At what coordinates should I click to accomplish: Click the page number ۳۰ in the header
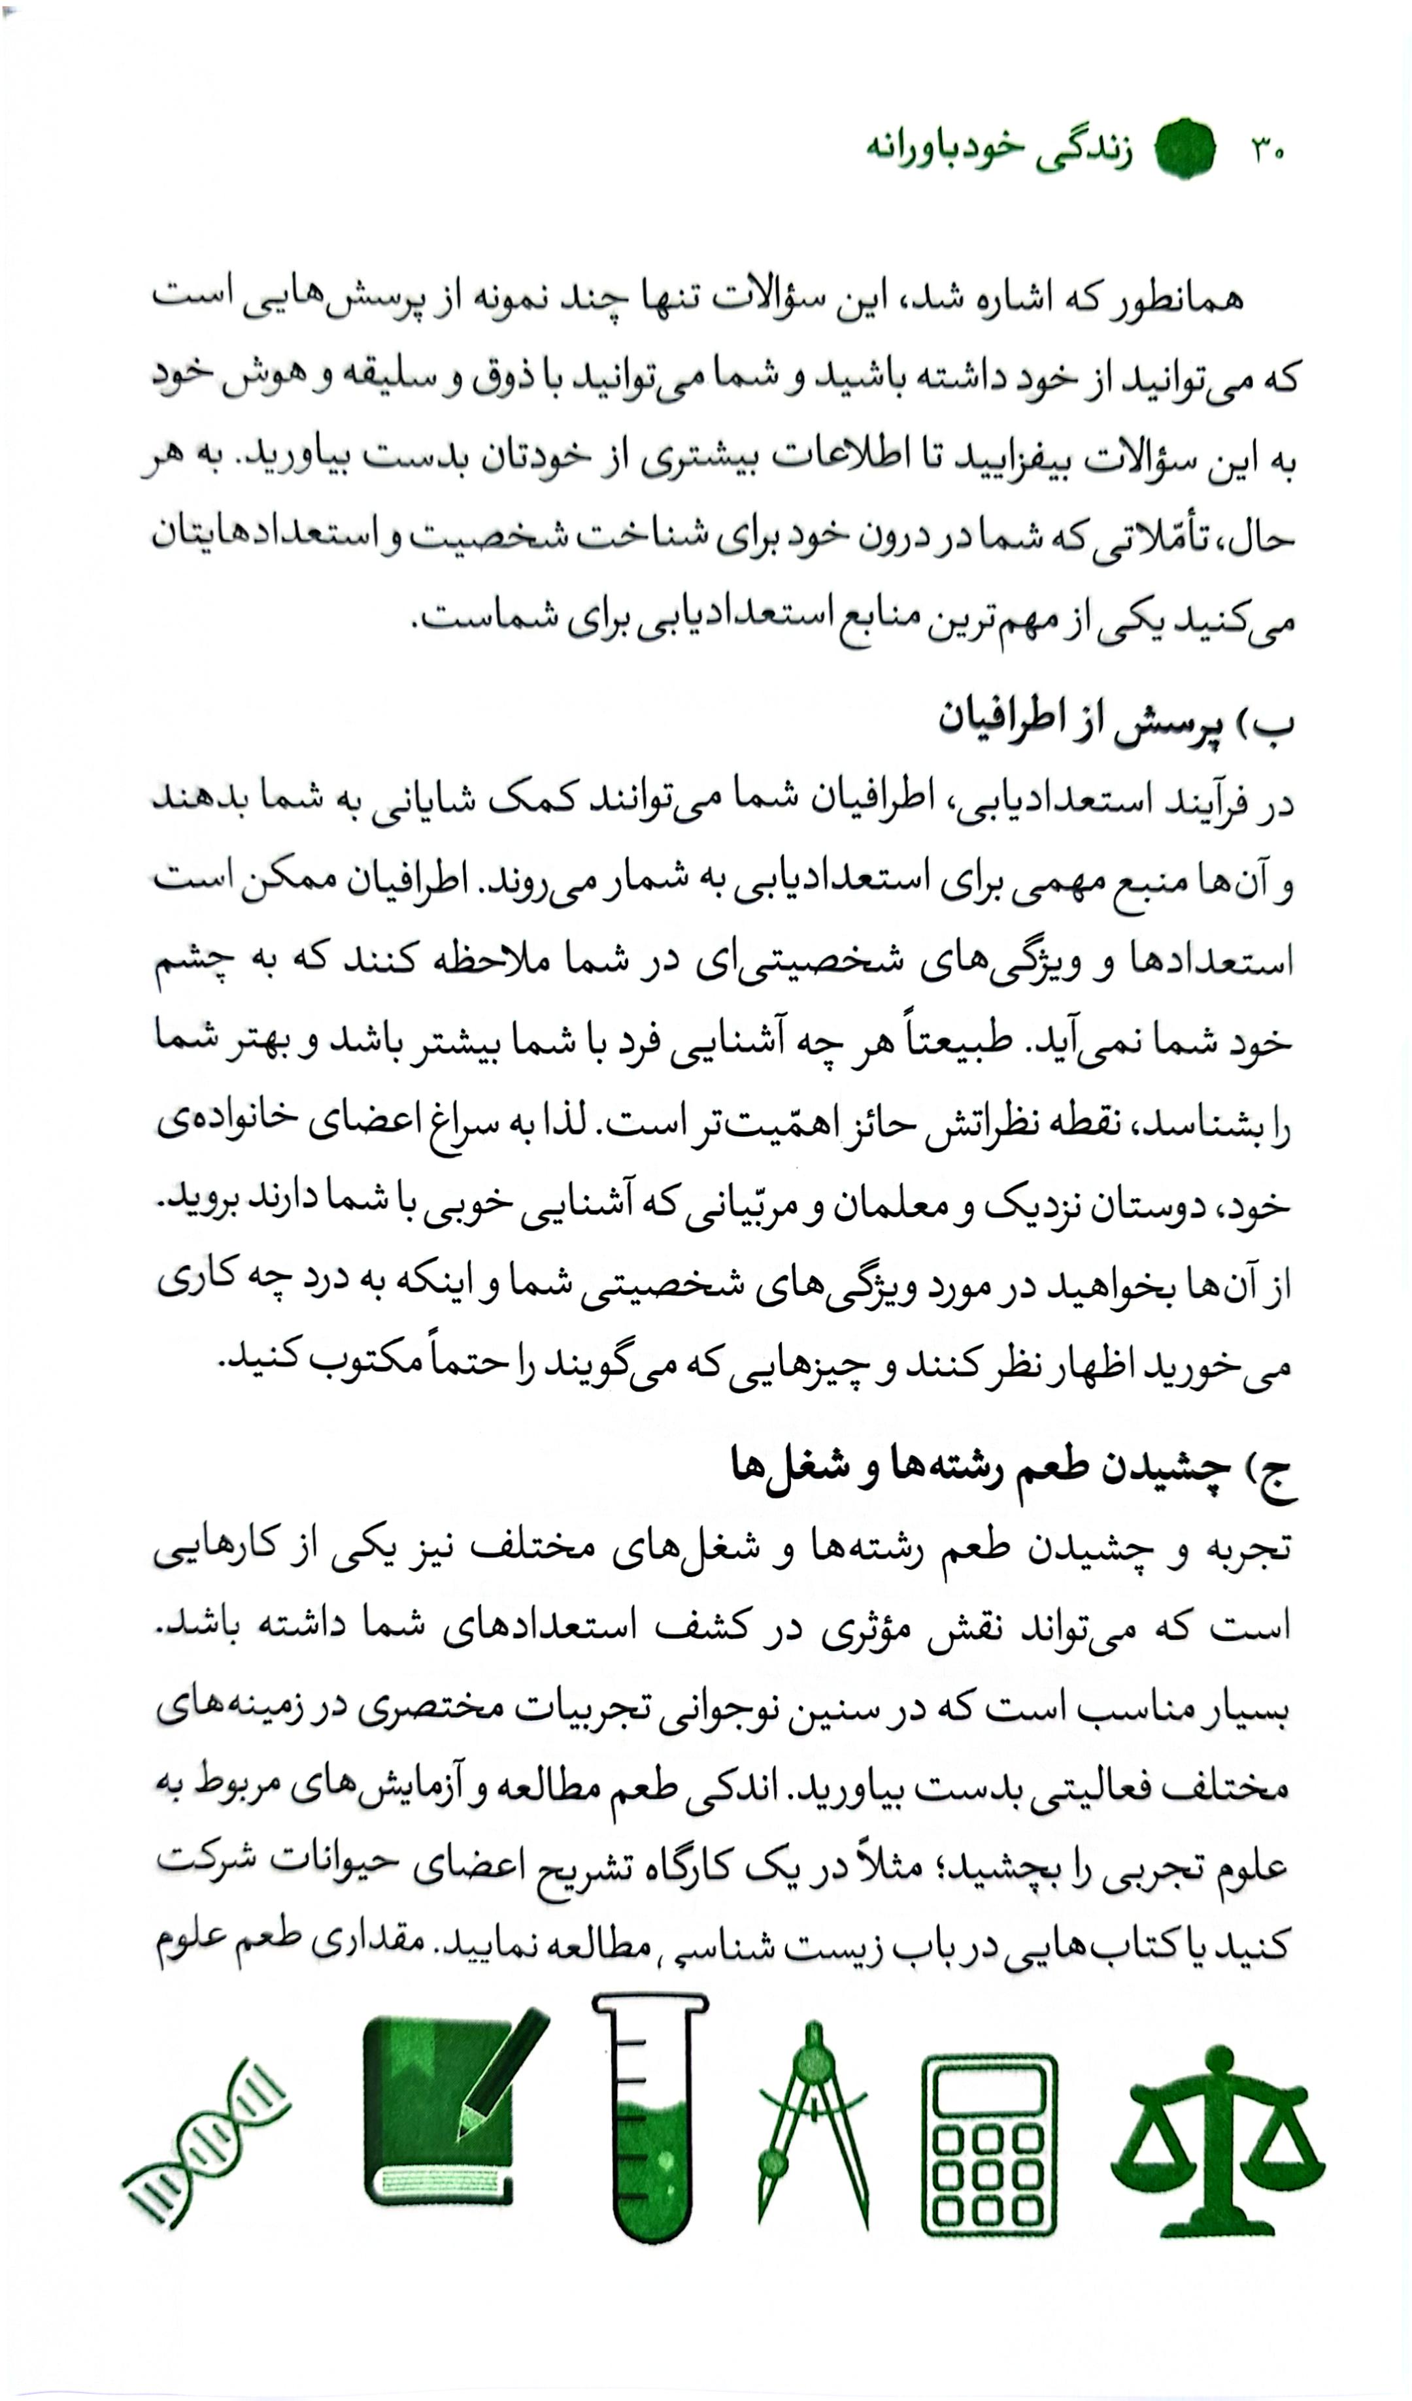coord(1266,150)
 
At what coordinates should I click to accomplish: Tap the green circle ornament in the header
coord(1185,150)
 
